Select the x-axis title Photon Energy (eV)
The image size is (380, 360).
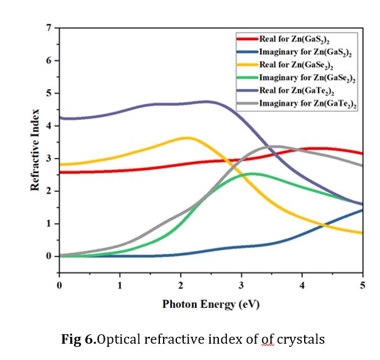click(211, 304)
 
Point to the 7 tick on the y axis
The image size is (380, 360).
click(48, 28)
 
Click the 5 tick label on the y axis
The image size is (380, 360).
click(48, 93)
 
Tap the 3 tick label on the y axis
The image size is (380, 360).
click(48, 159)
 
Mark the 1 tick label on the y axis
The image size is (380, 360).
click(48, 224)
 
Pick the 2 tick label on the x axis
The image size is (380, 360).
click(181, 285)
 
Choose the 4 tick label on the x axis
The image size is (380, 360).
click(302, 285)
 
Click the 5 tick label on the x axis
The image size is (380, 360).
click(363, 285)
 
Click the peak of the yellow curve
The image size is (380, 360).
click(186, 137)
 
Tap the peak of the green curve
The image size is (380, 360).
click(252, 173)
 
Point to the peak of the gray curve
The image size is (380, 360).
click(277, 146)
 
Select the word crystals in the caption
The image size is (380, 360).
click(301, 339)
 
